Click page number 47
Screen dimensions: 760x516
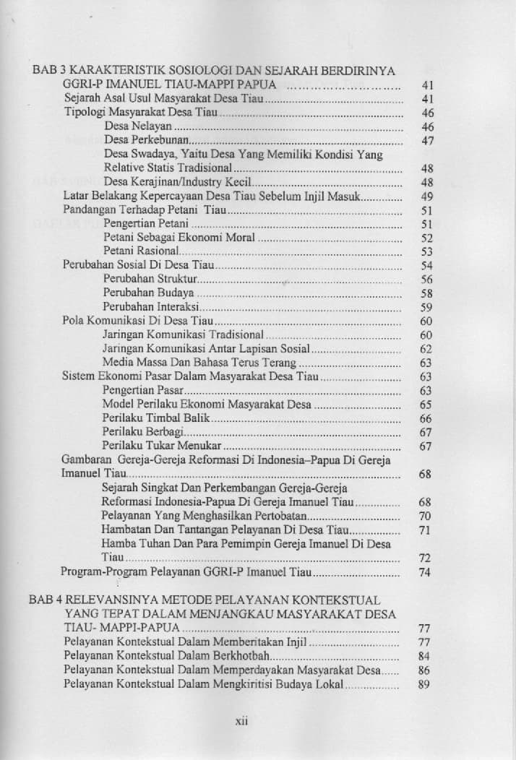(426, 141)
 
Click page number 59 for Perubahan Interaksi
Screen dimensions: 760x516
(426, 307)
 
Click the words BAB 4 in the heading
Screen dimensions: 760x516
(45, 600)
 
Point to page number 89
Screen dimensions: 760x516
(424, 685)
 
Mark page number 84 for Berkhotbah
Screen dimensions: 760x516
(424, 656)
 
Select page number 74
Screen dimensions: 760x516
(425, 572)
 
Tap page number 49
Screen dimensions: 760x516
(426, 197)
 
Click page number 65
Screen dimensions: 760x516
(426, 405)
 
